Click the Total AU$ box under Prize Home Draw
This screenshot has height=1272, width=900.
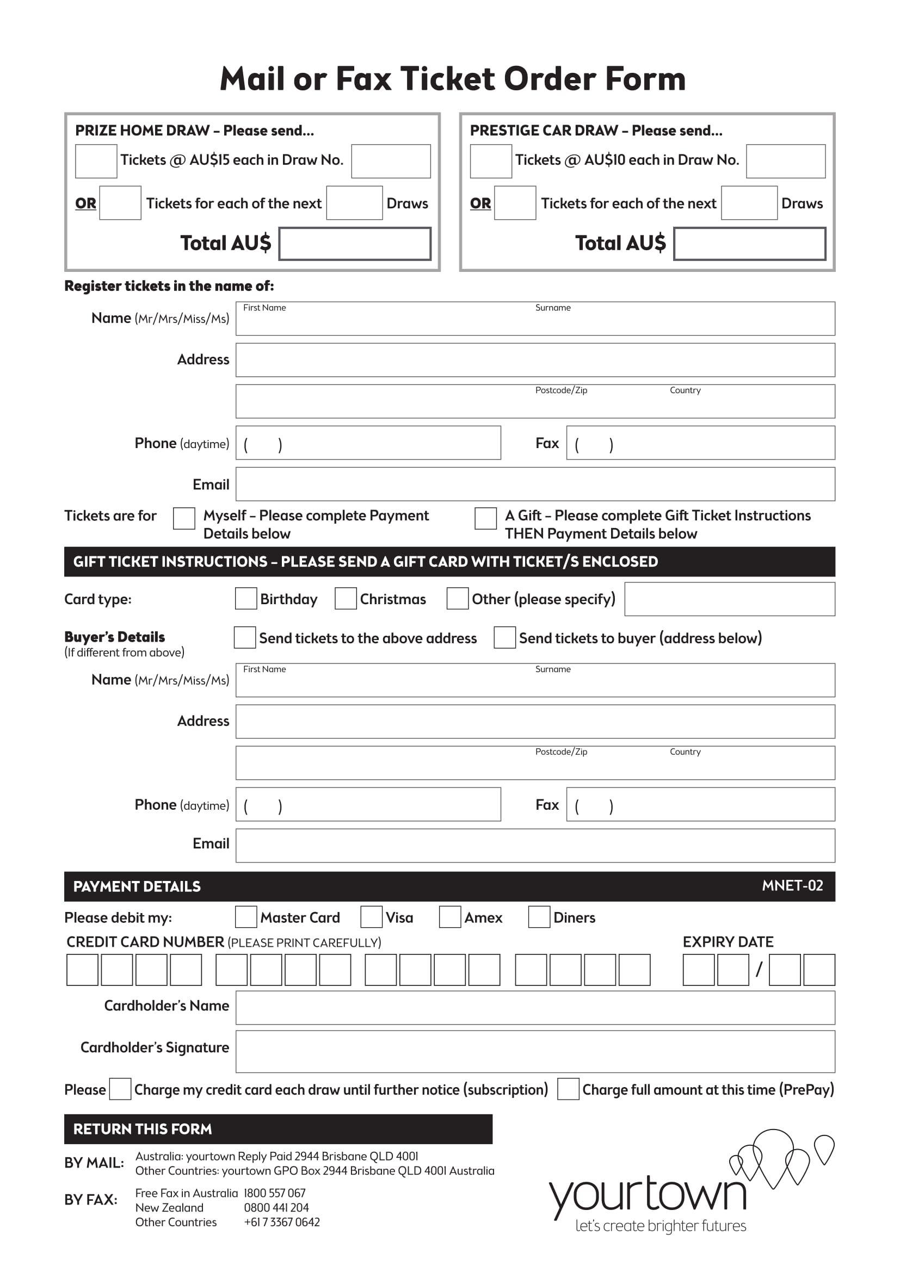[355, 243]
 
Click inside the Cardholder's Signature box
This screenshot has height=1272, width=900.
[535, 1052]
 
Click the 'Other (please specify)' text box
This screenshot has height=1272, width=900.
[729, 599]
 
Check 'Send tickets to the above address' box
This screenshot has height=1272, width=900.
[244, 638]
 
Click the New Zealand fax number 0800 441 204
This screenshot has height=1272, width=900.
[276, 1208]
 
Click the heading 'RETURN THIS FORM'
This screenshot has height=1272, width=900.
[143, 1129]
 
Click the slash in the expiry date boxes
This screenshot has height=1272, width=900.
[759, 969]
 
